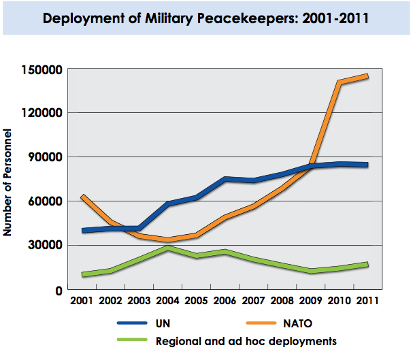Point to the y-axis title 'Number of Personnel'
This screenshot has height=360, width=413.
click(8, 180)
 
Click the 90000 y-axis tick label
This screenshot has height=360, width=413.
click(48, 157)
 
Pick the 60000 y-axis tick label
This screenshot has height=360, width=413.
click(48, 201)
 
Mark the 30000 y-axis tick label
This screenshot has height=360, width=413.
click(48, 245)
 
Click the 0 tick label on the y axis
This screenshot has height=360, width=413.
click(59, 290)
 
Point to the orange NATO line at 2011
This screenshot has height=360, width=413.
click(367, 76)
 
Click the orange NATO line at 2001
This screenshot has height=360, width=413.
click(83, 197)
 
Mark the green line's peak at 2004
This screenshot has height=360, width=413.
click(168, 248)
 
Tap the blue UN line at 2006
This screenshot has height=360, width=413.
click(225, 179)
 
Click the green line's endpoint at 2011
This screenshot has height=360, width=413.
click(367, 264)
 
